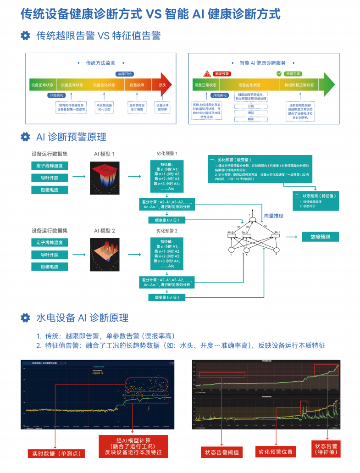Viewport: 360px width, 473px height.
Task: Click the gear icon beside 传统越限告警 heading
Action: pos(26,36)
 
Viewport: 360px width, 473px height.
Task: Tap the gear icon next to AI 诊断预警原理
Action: pos(26,137)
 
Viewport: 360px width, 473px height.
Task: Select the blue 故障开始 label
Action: pos(124,74)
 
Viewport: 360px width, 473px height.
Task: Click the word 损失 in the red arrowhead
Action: pos(162,85)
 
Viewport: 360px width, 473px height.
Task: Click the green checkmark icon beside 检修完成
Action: pos(279,73)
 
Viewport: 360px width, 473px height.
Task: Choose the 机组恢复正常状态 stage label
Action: pos(299,85)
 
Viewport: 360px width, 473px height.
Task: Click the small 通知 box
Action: pos(250,112)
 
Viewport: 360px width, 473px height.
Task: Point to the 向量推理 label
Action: pos(274,216)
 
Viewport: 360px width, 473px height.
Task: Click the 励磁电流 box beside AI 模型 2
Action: pos(50,267)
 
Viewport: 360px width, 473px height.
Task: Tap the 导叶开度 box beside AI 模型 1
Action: pos(50,178)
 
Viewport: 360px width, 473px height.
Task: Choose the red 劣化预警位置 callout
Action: pos(275,452)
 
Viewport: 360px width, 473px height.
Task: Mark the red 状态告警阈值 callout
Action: pos(222,452)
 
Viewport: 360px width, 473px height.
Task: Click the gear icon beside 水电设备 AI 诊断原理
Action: pos(26,317)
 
